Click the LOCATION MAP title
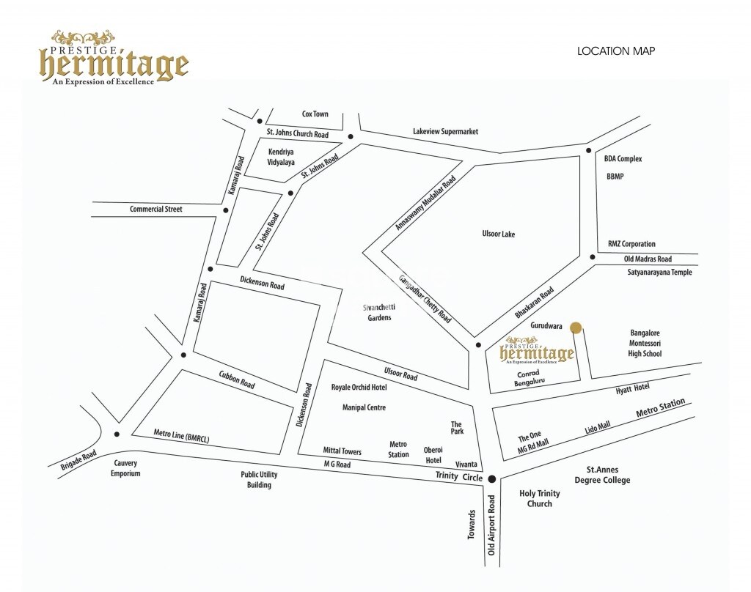615,51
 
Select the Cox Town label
315,114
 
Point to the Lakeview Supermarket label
445,131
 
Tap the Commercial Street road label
155,210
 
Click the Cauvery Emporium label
126,468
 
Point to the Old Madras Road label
648,259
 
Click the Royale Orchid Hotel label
359,387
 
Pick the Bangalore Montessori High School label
645,343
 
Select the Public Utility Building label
260,480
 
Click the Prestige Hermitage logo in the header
114,60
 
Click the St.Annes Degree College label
607,474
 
